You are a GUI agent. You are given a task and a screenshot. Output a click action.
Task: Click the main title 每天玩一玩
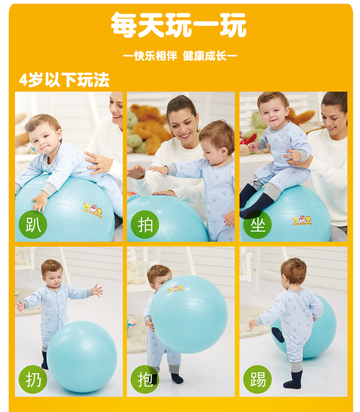tap(178, 24)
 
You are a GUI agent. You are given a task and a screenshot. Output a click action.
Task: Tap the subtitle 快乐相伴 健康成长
tap(180, 56)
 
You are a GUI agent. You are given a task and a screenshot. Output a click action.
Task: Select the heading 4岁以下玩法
tap(64, 80)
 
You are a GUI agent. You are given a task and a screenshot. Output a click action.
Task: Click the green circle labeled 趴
tap(33, 224)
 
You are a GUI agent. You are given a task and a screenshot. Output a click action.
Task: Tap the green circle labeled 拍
tap(145, 224)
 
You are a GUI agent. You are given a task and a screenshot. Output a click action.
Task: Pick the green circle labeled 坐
tap(257, 224)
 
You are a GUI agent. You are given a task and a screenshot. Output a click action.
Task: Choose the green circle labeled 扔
tap(33, 379)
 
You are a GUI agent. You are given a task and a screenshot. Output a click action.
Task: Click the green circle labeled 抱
tap(145, 379)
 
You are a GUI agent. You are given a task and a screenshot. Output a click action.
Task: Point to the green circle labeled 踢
tap(257, 379)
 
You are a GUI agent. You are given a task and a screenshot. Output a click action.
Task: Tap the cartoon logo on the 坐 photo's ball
tap(302, 221)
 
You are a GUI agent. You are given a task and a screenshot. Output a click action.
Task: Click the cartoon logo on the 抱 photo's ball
tap(176, 289)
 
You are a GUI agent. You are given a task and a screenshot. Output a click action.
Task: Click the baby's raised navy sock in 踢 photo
tap(277, 335)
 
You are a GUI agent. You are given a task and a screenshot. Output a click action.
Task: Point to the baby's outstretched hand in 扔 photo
tap(97, 291)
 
